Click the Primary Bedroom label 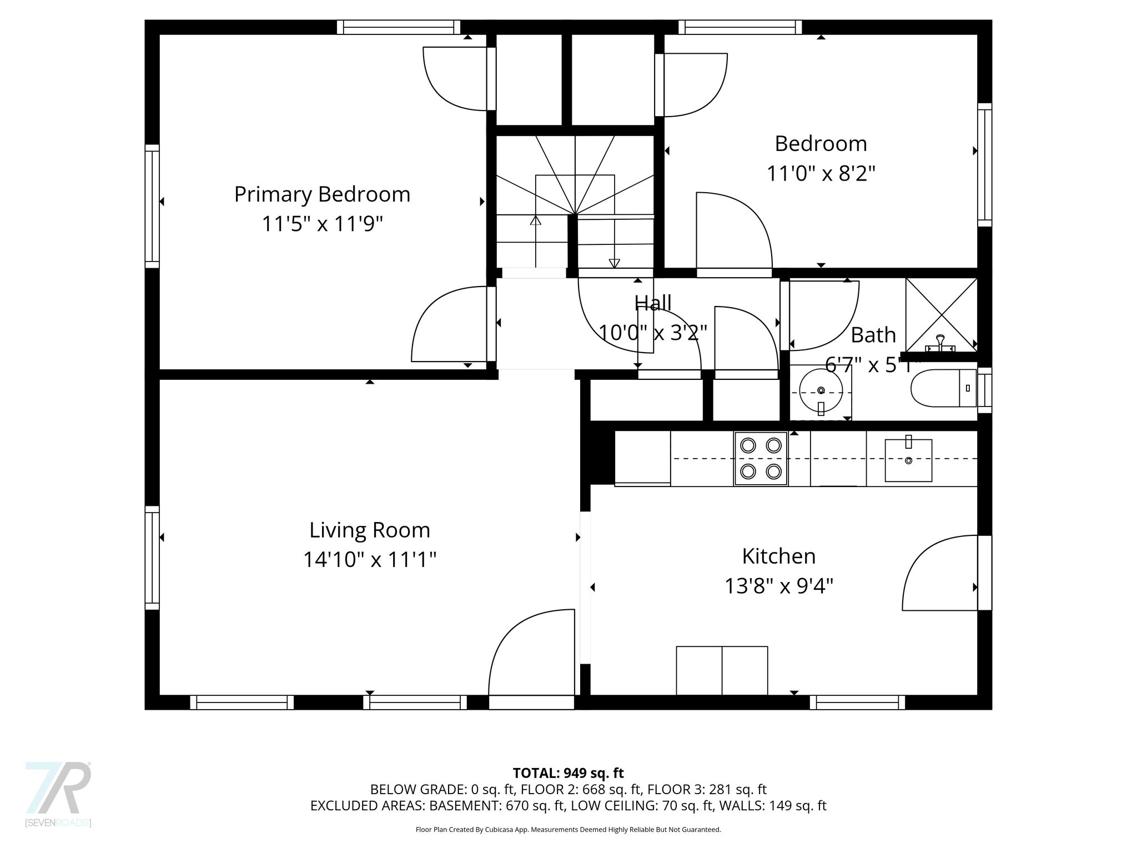322,194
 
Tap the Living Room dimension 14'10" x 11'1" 370,559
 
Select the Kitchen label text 779,556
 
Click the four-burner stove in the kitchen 761,459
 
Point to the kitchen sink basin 908,460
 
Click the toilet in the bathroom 943,388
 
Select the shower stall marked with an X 941,315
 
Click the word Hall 653,303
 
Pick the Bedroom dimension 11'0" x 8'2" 821,174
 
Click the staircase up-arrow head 535,220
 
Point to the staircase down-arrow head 614,263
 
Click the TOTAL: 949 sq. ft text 568,773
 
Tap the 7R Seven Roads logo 58,795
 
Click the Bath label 873,335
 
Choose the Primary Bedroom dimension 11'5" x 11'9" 323,224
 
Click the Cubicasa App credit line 568,830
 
